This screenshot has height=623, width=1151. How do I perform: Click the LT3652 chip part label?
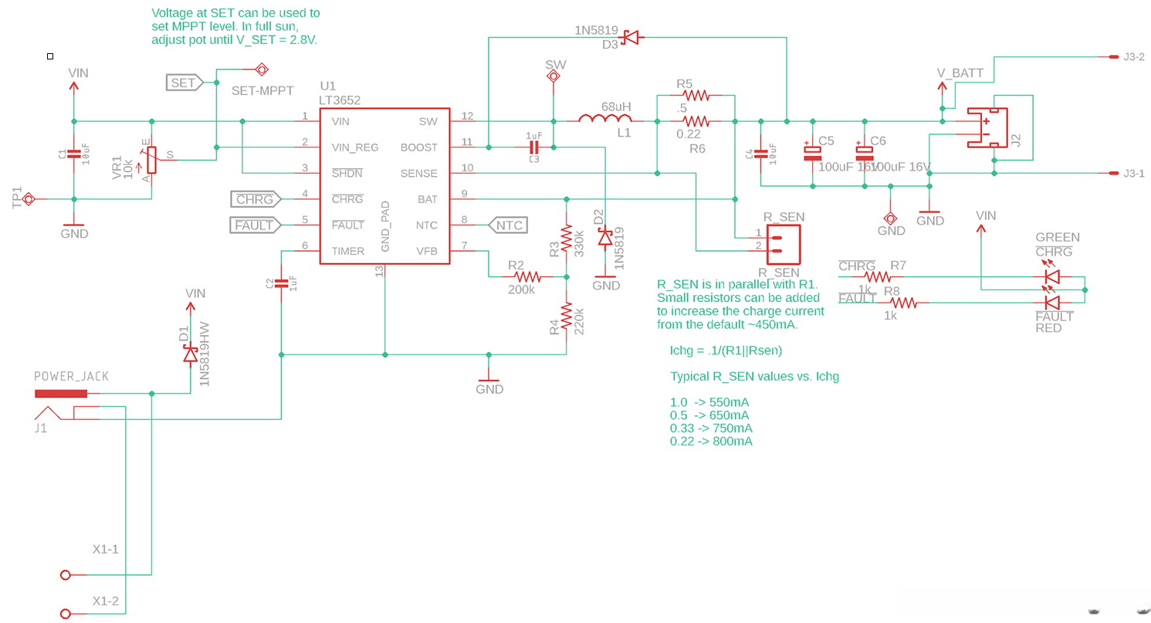340,100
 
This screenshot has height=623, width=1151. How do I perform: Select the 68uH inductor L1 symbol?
605,120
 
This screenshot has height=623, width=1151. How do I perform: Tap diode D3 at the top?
631,36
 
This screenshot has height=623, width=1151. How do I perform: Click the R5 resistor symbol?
696,96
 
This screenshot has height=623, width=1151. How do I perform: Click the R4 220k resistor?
567,317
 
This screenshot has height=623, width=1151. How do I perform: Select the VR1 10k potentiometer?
151,161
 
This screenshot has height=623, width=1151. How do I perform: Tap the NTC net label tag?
507,225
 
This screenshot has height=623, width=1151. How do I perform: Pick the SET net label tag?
184,83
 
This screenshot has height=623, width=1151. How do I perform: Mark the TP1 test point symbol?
29,199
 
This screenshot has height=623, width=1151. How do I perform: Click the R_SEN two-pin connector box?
783,244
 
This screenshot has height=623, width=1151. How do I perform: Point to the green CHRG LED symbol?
1051,276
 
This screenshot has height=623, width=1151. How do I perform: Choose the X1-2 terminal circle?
66,614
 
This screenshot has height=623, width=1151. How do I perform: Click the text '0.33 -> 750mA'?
711,428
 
